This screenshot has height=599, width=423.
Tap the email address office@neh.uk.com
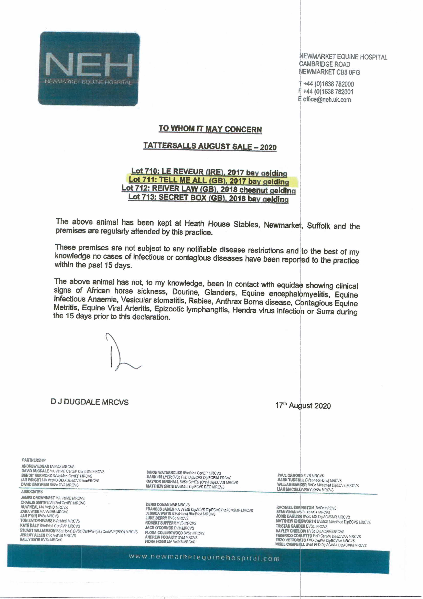(326, 100)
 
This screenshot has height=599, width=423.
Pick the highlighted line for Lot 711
(209, 181)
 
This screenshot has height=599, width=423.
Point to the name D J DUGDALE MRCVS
(90, 402)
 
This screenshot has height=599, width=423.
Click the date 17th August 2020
(303, 406)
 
